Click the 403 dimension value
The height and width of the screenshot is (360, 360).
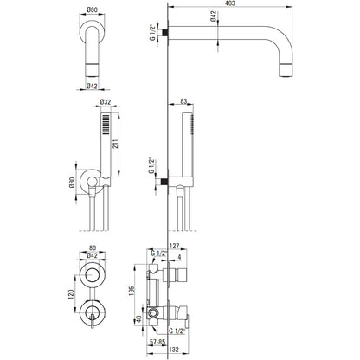[229, 3]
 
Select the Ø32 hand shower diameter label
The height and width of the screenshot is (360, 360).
[106, 102]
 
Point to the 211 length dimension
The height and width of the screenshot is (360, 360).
[116, 145]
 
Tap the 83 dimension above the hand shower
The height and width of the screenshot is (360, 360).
[183, 101]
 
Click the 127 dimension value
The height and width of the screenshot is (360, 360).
[175, 246]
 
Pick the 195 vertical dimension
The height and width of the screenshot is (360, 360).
[132, 292]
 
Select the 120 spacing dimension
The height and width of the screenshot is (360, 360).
[71, 294]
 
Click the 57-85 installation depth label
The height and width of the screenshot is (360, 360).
[157, 342]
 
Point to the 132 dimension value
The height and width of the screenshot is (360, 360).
[174, 350]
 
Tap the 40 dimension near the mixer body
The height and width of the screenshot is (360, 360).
[138, 319]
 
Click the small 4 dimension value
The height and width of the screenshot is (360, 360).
[179, 257]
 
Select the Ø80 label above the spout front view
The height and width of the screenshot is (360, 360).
[92, 10]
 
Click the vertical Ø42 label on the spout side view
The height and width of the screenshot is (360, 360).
[213, 16]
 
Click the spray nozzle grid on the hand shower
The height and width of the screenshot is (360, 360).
[106, 124]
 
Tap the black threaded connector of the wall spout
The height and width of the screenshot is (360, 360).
[164, 33]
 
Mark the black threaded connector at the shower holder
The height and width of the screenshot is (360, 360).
[164, 182]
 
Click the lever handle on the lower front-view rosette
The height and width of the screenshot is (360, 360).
[92, 321]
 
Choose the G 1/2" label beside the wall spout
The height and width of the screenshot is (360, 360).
[153, 32]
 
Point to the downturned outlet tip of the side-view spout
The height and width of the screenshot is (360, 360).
[286, 71]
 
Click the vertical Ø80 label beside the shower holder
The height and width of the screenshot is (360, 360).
[72, 183]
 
